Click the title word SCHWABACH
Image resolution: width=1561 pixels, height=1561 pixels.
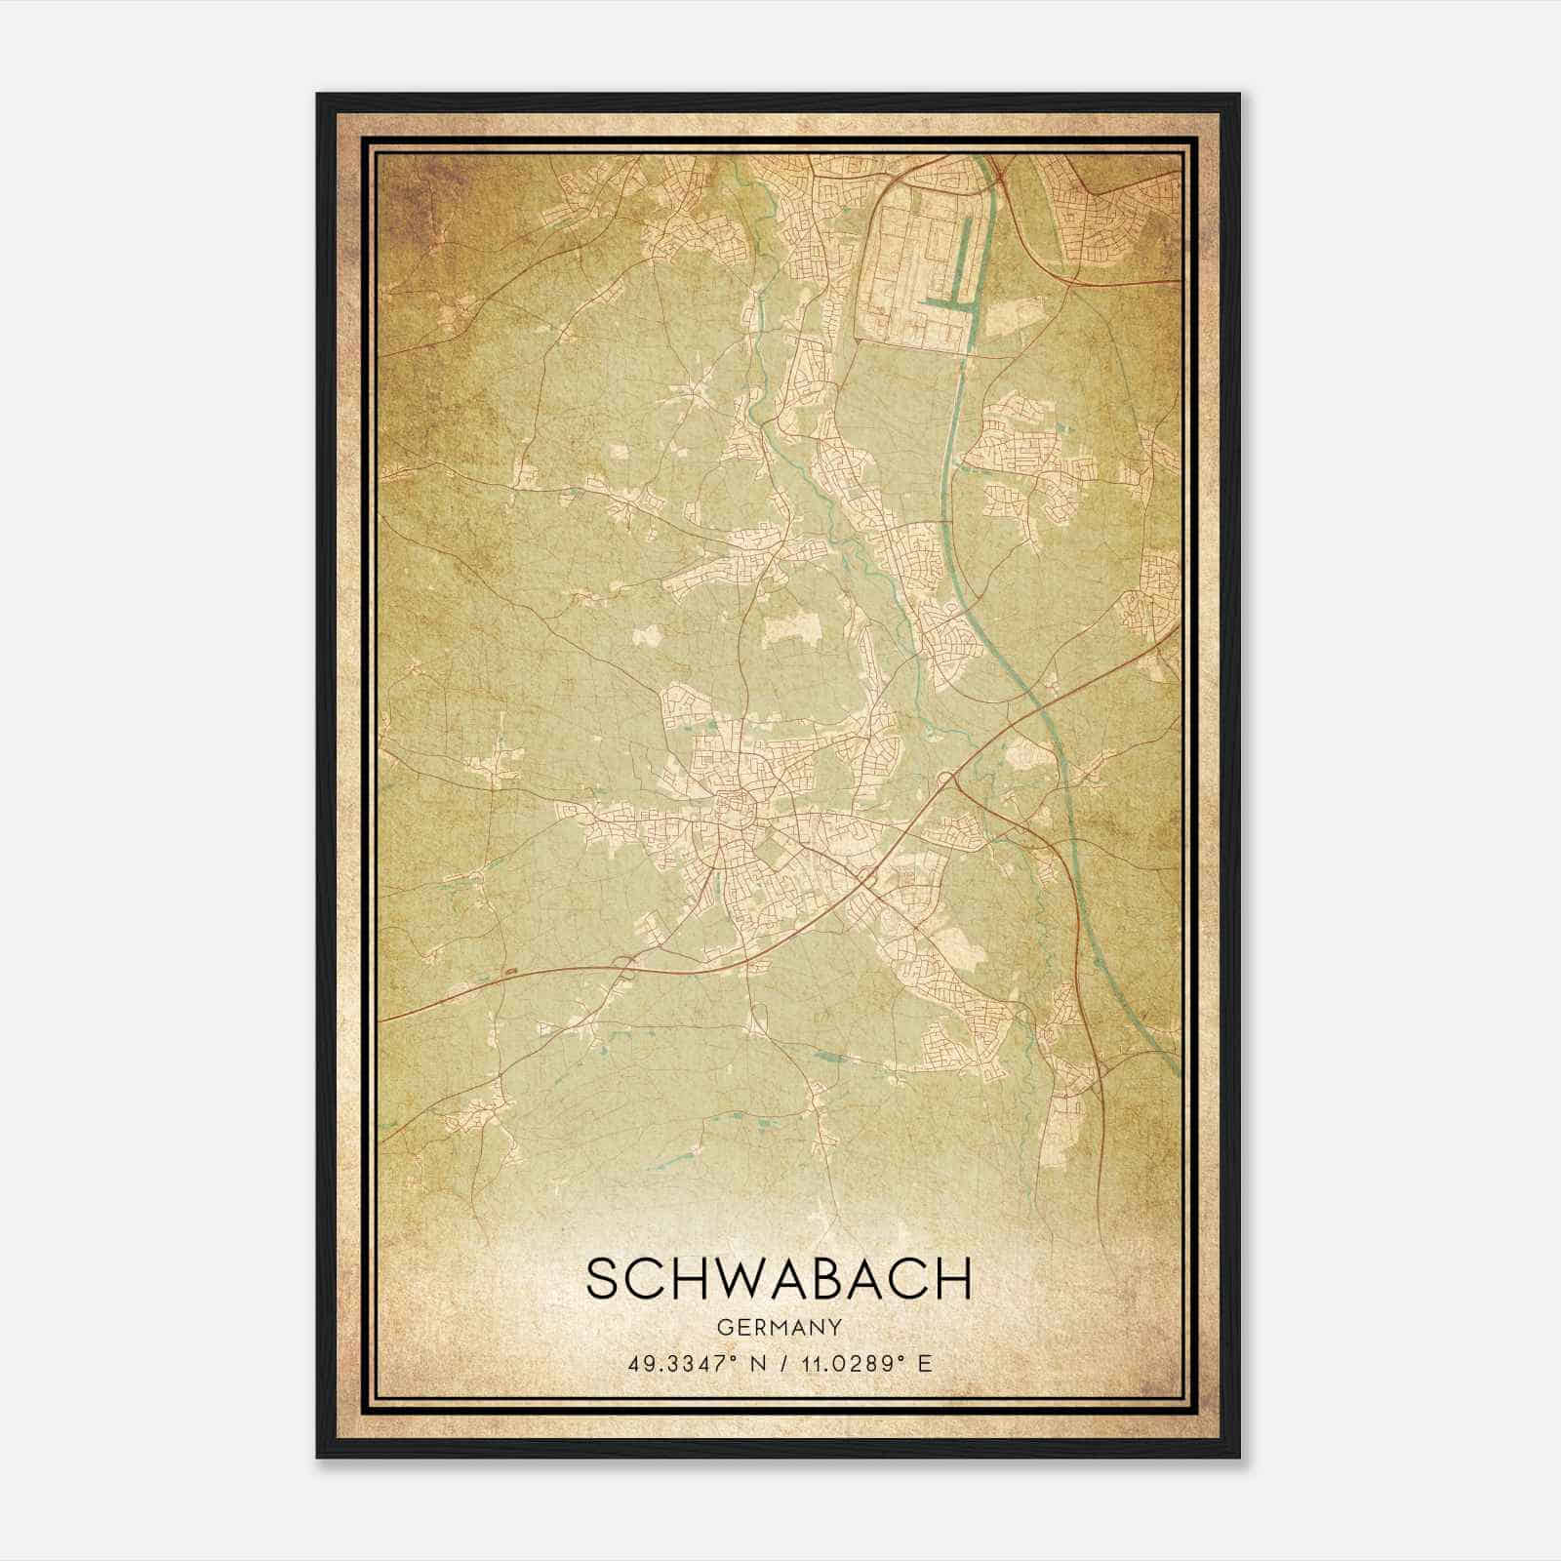pos(780,1278)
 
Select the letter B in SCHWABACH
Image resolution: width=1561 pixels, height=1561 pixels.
pos(832,1278)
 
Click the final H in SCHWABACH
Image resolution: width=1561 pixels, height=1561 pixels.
pos(952,1278)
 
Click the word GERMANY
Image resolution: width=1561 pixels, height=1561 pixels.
pos(780,1327)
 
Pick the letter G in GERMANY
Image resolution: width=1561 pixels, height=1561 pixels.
pos(724,1327)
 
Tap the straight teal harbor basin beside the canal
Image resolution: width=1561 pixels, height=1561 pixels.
pos(967,263)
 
